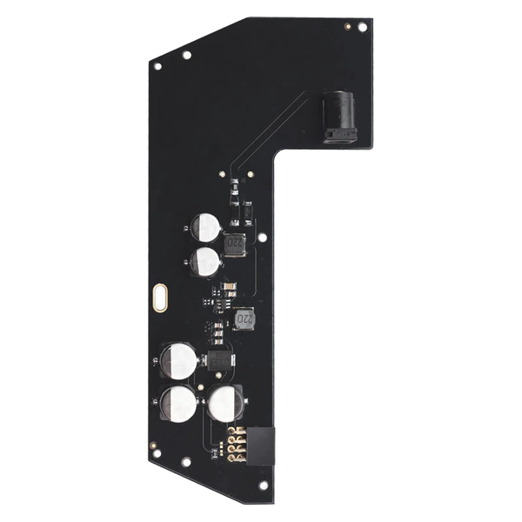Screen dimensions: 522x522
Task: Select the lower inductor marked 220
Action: pyautogui.click(x=244, y=319)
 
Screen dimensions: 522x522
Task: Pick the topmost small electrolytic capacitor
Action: pyautogui.click(x=207, y=228)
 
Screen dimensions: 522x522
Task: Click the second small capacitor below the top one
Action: pyautogui.click(x=207, y=260)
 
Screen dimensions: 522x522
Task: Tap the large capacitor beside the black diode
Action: pyautogui.click(x=179, y=360)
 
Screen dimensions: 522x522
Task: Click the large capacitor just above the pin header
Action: pyautogui.click(x=226, y=403)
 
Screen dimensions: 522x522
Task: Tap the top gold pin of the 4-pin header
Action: pyautogui.click(x=233, y=432)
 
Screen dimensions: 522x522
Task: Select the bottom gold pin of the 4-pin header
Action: pyautogui.click(x=233, y=458)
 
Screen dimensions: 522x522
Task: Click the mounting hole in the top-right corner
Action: pyautogui.click(x=363, y=27)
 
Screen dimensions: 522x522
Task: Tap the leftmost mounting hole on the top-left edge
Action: pyautogui.click(x=158, y=67)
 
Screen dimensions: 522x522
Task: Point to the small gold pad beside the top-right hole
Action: pyautogui.click(x=347, y=26)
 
